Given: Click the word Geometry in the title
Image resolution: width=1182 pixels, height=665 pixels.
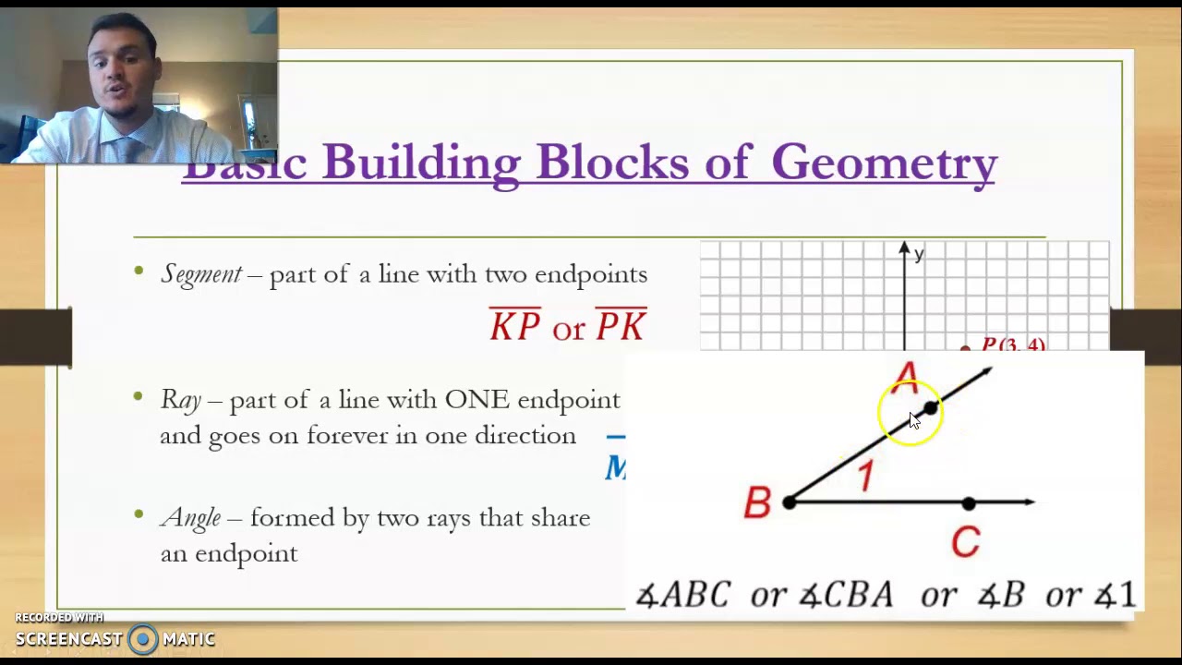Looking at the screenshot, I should coord(884,163).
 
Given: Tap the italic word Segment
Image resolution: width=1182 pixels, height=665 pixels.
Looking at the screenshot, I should coord(201,274).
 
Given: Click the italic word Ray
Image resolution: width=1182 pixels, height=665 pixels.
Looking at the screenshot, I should coord(180,400).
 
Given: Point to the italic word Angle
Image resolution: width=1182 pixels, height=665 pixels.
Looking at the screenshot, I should coord(190,518).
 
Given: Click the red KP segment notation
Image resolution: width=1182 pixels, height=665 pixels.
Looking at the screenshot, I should coord(515,327).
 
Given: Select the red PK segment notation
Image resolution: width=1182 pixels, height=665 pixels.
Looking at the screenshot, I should coord(621,327).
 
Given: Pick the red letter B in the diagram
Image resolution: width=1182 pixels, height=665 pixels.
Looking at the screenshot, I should coord(757,503).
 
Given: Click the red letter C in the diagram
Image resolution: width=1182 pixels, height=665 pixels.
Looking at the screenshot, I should coord(965,542).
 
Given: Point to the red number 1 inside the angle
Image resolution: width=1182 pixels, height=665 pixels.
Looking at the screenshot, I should coord(865,477).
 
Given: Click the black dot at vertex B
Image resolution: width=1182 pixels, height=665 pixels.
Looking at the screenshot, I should coord(789,502).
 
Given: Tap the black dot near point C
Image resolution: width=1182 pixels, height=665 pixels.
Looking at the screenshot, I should coord(968,503).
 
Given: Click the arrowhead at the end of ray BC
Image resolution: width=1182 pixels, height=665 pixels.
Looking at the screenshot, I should coord(1029,502).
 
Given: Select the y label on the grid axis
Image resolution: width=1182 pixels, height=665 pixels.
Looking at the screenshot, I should coord(919,255).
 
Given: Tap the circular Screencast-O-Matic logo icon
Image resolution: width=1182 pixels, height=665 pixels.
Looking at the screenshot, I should coord(143,639).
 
